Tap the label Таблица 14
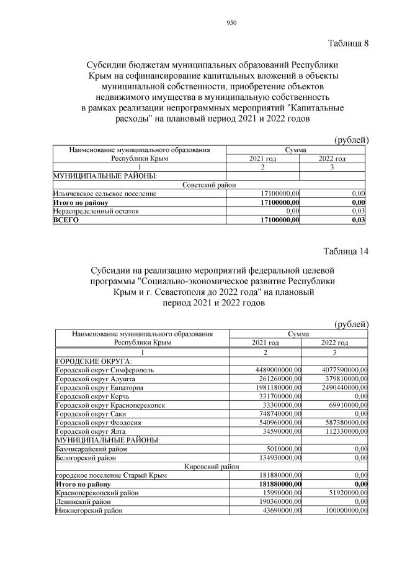[x=346, y=251]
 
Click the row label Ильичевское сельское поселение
[x=104, y=194]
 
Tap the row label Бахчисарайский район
[x=91, y=448]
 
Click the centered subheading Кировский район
[x=212, y=465]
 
